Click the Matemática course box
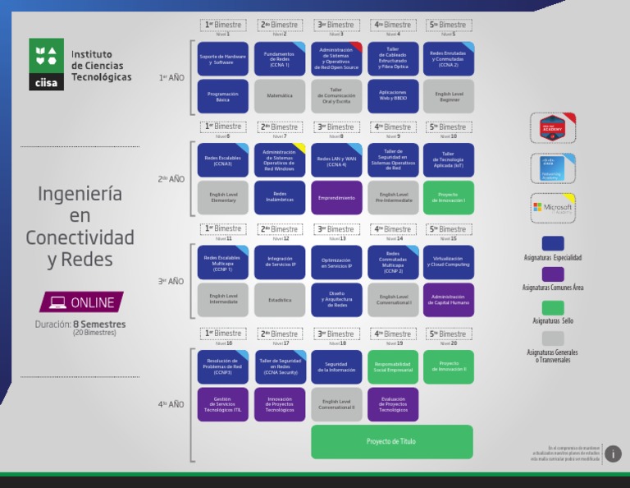[x=279, y=96]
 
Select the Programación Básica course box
[x=222, y=96]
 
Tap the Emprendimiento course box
[x=336, y=198]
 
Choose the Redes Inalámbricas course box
[x=279, y=198]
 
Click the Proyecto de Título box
[x=391, y=442]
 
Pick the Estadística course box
[x=279, y=300]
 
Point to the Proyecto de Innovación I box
[x=448, y=198]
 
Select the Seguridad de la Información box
[x=336, y=367]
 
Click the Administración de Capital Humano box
[x=448, y=300]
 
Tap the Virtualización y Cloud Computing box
[x=448, y=262]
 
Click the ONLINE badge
[x=82, y=302]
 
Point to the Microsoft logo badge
[x=553, y=208]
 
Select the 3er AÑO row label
[x=171, y=282]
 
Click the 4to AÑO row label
[x=171, y=404]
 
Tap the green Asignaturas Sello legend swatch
[x=553, y=308]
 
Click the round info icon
[x=613, y=454]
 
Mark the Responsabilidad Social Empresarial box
[x=392, y=367]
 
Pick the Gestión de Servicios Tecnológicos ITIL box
[x=222, y=404]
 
